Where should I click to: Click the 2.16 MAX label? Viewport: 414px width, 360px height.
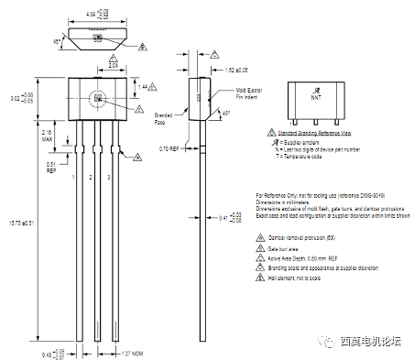pos(47,136)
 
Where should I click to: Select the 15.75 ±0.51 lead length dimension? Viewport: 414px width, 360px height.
pos(20,222)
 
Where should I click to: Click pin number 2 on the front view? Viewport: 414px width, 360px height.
pos(93,176)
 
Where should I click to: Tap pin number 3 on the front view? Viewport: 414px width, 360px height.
pos(110,176)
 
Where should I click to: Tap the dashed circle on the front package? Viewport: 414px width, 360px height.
pos(97,98)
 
